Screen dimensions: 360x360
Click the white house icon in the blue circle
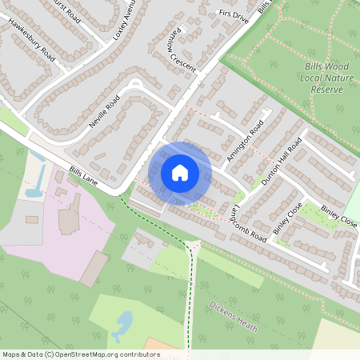point(180,172)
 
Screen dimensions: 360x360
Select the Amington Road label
point(244,142)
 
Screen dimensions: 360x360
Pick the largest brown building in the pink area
point(94,268)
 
